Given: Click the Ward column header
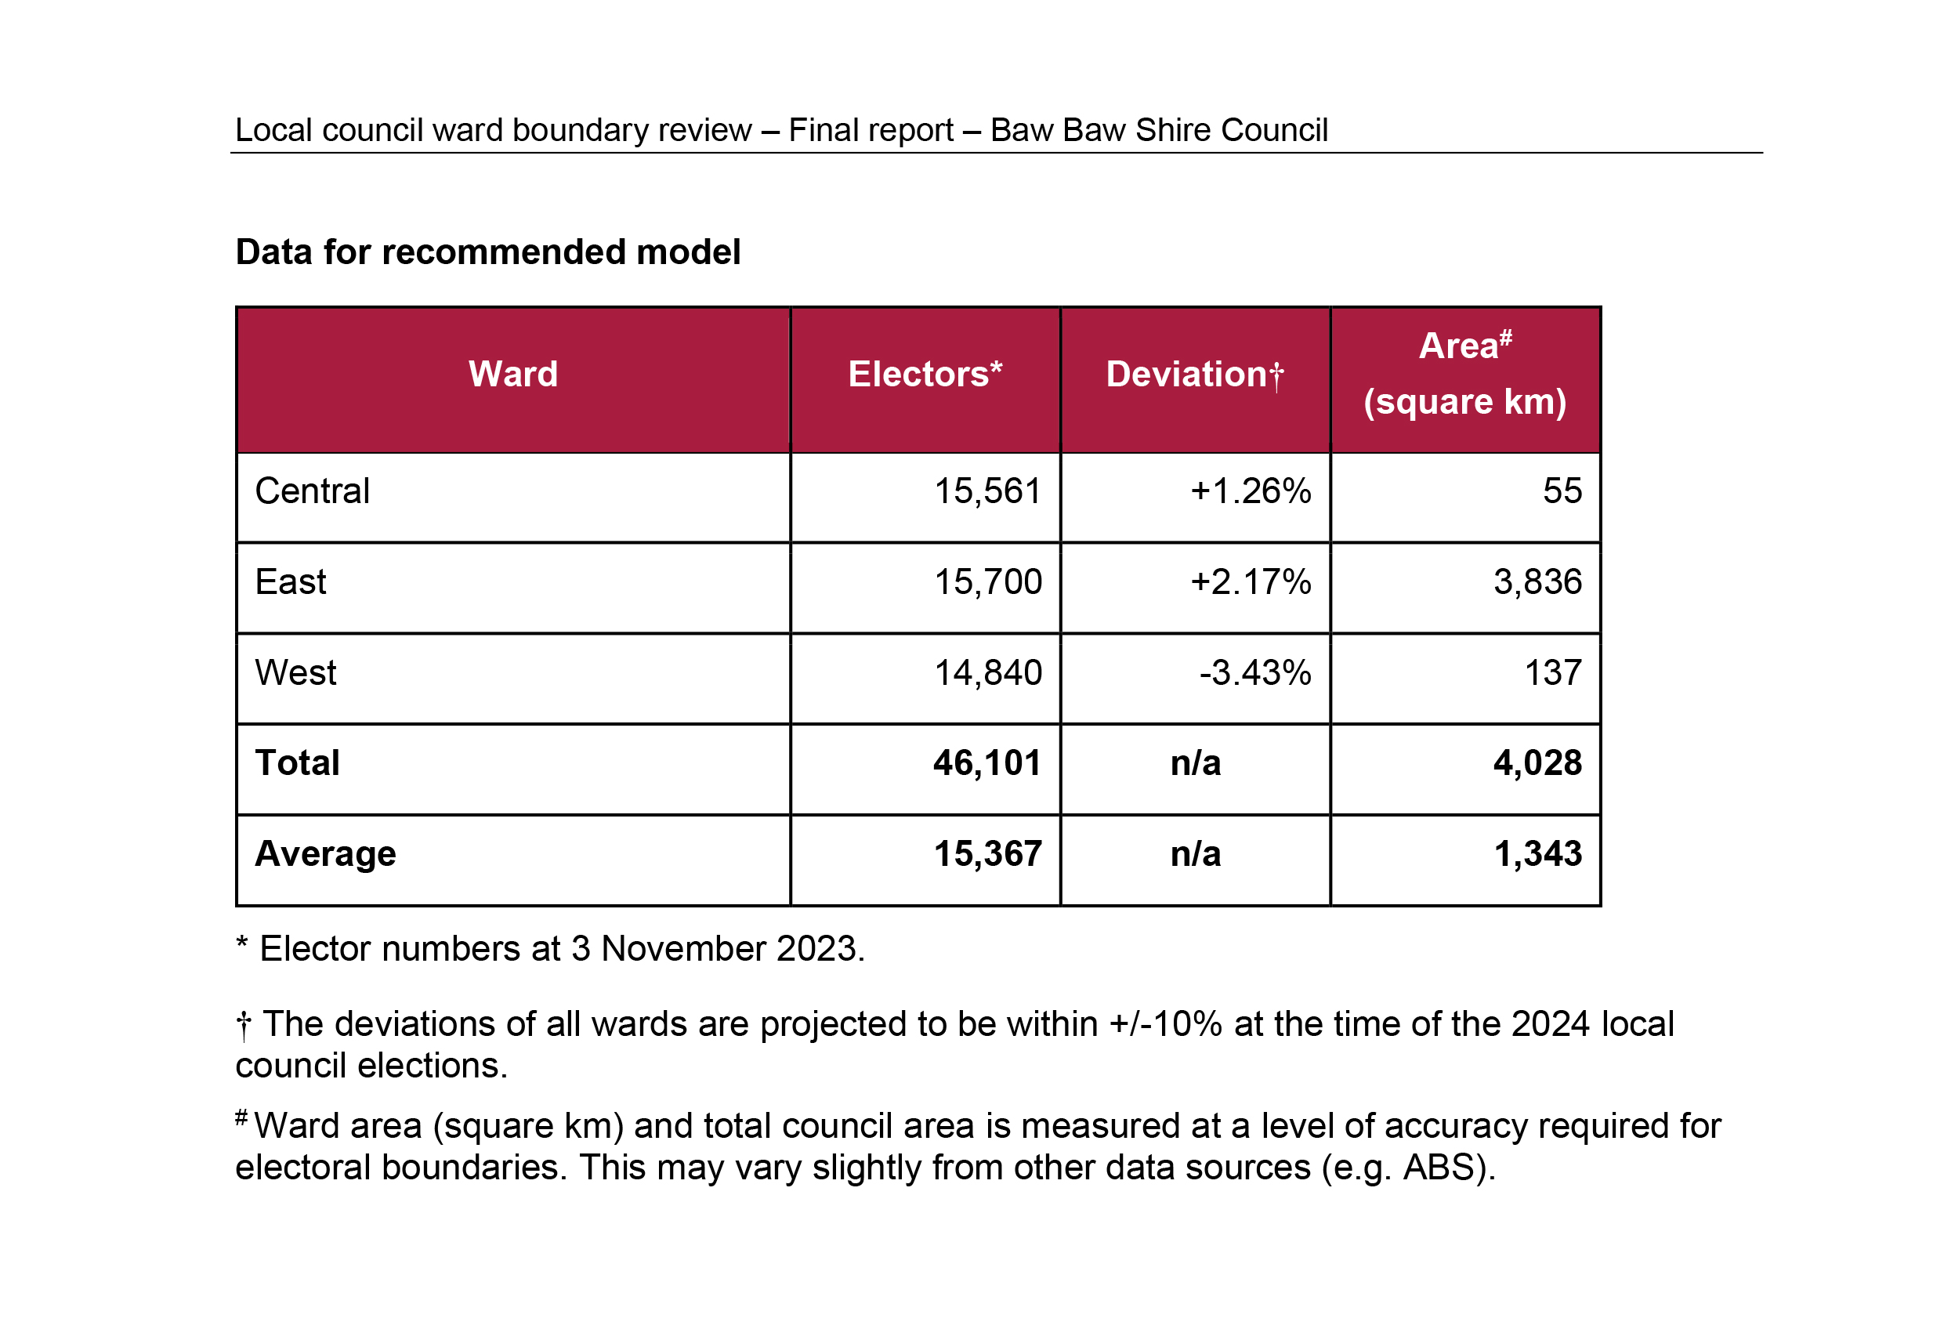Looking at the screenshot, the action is [x=512, y=374].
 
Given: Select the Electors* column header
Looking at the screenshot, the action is [x=925, y=374].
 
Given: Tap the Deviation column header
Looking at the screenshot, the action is [x=1194, y=375].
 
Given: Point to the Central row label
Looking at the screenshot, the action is [x=312, y=491].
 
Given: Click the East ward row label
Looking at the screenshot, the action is [x=290, y=582].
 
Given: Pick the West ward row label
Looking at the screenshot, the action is [x=296, y=672].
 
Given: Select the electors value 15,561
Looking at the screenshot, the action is [x=988, y=492].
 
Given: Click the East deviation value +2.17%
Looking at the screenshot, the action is [x=1251, y=582].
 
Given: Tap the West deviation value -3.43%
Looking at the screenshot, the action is [x=1254, y=673].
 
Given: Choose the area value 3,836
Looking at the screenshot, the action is [x=1537, y=582].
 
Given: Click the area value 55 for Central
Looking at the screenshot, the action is [x=1562, y=491].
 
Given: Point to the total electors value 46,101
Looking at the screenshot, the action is [x=987, y=763].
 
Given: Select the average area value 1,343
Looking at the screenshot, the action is [x=1537, y=854].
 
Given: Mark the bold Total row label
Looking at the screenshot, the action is [x=297, y=762].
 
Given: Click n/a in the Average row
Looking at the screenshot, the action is [x=1196, y=854].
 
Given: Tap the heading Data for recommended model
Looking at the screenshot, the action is [x=487, y=252].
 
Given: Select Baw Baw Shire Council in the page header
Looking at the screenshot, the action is [x=1159, y=131].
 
